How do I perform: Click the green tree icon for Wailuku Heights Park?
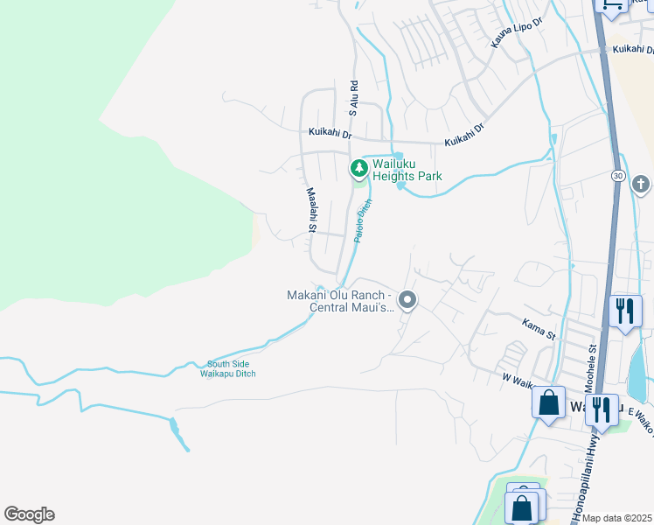(x=358, y=167)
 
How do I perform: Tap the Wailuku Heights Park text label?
(x=407, y=170)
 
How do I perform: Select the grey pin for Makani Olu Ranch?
(x=407, y=300)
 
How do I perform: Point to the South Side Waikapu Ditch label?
(x=231, y=369)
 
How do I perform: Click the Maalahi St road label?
(x=310, y=209)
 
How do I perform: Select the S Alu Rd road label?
(x=354, y=98)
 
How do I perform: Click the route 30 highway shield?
(x=618, y=176)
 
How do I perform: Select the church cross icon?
(x=640, y=185)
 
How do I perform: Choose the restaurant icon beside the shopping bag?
(x=602, y=408)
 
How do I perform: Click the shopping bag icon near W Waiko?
(x=548, y=403)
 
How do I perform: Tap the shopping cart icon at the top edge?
(x=610, y=4)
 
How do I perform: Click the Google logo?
(x=29, y=514)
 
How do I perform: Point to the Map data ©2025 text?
(x=617, y=518)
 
